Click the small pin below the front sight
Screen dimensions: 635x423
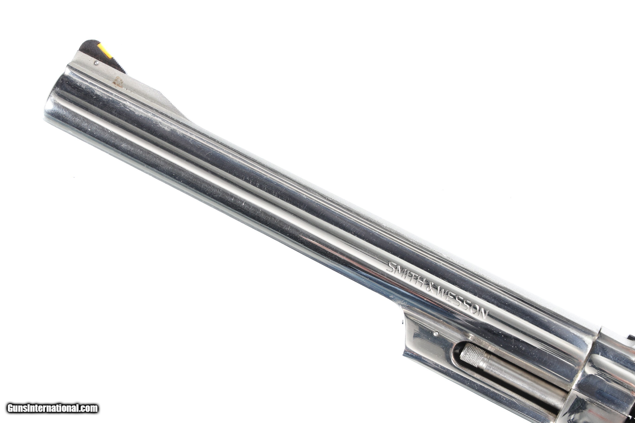(96, 63)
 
